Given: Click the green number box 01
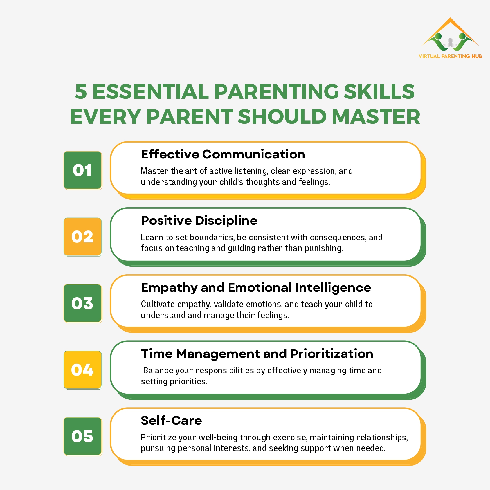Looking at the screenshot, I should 82,170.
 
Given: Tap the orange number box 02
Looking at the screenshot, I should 82,237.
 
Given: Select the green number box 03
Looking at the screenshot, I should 82,303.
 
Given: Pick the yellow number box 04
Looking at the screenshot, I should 82,370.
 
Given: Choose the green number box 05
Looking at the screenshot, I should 82,436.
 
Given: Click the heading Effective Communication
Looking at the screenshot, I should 223,154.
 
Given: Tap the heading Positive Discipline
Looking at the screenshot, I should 199,221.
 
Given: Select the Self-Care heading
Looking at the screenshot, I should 171,421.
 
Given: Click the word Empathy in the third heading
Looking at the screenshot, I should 169,288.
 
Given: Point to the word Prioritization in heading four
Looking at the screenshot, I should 332,354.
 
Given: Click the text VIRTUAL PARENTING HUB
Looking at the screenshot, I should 450,56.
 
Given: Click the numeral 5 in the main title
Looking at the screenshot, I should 81,92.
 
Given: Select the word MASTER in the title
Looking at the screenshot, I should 376,117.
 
